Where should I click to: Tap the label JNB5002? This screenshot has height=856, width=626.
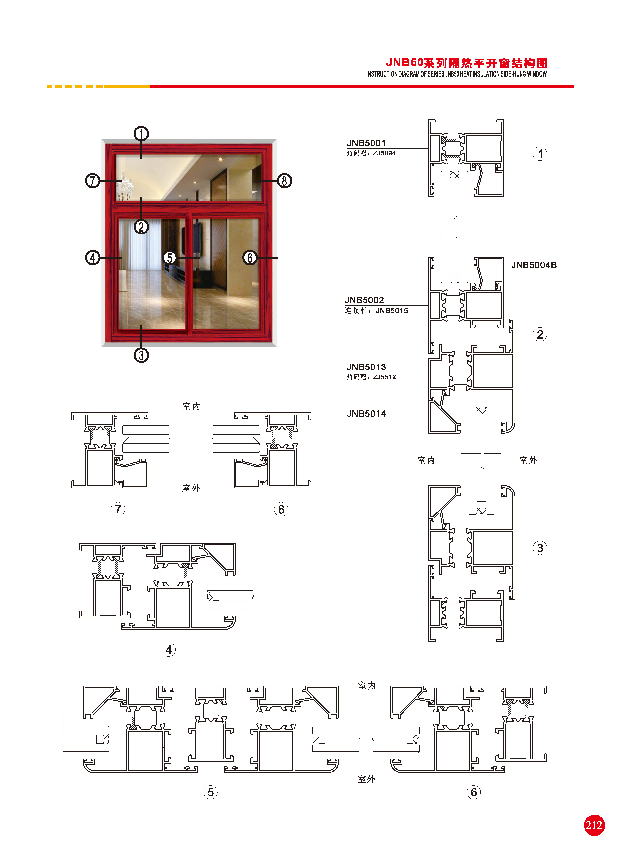(x=364, y=300)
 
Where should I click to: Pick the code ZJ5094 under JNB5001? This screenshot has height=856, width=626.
(x=384, y=153)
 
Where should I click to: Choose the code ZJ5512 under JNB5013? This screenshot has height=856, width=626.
(x=384, y=377)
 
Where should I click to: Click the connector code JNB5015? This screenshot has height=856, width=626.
(x=392, y=311)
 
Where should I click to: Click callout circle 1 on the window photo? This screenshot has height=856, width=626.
(x=141, y=134)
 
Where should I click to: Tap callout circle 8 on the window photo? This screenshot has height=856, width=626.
(x=285, y=181)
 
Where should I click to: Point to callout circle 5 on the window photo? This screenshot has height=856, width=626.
(x=170, y=258)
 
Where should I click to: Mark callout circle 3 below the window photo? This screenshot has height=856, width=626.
(x=141, y=355)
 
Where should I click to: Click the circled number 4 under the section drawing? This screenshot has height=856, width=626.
(x=169, y=650)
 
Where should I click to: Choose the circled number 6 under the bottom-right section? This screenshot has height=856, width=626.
(x=474, y=792)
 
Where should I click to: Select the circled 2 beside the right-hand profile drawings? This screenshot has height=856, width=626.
(x=540, y=334)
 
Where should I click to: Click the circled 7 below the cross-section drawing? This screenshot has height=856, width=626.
(x=118, y=509)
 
